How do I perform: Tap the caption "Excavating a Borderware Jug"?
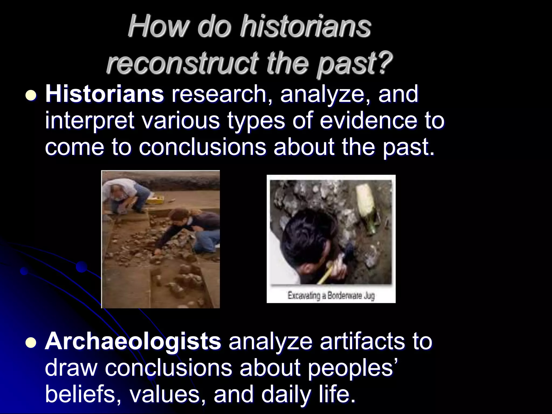pos(331,296)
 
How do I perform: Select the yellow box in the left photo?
pos(156,200)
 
